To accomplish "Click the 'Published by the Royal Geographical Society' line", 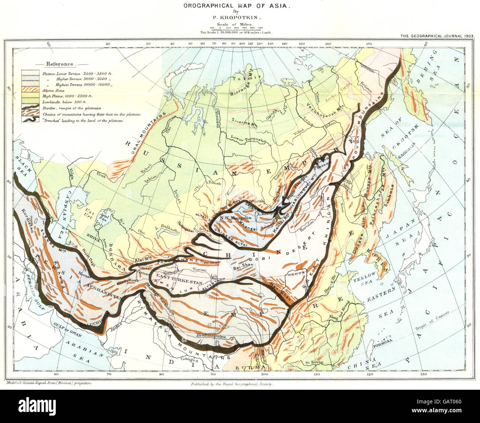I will (232, 384).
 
